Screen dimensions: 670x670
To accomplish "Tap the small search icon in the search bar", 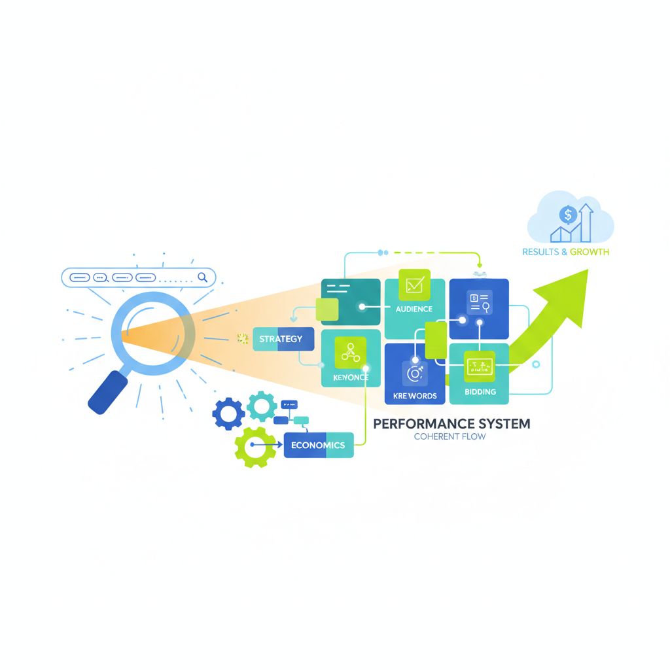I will pyautogui.click(x=202, y=277).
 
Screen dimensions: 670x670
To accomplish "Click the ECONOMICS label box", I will pyautogui.click(x=319, y=445).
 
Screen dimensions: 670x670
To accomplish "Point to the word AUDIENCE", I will pyautogui.click(x=414, y=309).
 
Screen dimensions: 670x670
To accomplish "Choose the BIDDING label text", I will pyautogui.click(x=480, y=392).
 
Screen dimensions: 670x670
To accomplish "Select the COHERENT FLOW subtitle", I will pyautogui.click(x=450, y=436).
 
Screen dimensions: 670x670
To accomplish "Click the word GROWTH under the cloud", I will pyautogui.click(x=590, y=252).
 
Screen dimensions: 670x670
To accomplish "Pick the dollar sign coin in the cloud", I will pyautogui.click(x=567, y=214).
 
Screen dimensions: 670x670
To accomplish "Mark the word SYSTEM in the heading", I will pyautogui.click(x=500, y=423).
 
